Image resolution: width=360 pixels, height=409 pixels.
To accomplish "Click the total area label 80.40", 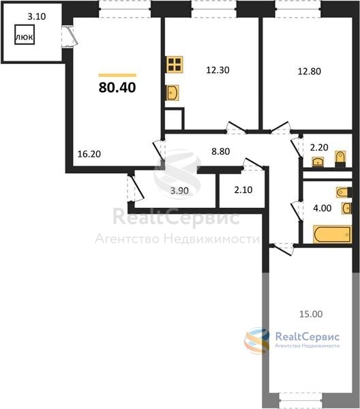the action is coord(117,87).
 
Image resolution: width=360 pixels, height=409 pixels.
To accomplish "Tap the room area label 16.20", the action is coord(89,154).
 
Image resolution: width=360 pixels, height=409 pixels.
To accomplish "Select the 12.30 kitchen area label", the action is coord(217,70).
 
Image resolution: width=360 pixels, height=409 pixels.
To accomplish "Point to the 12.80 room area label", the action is coord(310,71).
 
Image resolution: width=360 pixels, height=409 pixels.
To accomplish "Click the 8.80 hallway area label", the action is coord(221,151).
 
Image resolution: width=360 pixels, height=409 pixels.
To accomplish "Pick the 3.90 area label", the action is coord(179,191).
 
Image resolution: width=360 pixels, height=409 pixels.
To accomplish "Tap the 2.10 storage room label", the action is coord(243,190).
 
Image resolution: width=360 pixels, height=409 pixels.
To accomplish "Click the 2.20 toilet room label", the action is coord(319,147).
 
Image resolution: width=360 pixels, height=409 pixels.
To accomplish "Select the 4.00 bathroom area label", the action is coord(322,208).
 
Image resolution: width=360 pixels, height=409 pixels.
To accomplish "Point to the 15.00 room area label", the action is coord(311,314).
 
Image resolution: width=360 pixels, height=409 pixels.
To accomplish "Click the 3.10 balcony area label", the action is coord(37,16).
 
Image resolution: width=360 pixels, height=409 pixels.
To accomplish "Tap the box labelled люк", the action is coord(25,35).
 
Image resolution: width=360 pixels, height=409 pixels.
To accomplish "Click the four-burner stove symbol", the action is coord(175,65).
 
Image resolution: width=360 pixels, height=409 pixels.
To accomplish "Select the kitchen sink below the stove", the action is coord(172,93).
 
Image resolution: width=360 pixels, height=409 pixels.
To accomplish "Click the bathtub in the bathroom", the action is coord(332,234).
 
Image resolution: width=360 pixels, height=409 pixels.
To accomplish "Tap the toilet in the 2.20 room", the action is coord(340,158).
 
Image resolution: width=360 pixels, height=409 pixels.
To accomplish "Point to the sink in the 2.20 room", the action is coord(318,162).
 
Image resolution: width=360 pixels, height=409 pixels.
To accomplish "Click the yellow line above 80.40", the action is coord(117,76).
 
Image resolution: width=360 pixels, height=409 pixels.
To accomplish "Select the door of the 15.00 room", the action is coord(282,248).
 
